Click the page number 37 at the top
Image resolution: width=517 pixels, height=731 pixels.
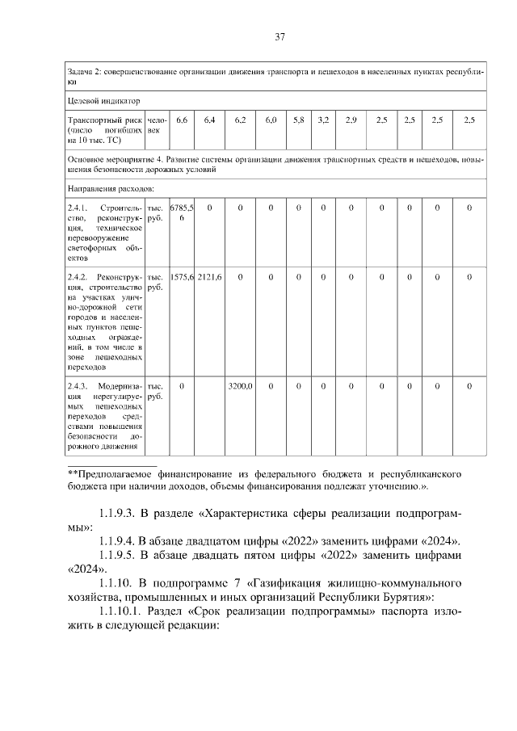tap(280, 36)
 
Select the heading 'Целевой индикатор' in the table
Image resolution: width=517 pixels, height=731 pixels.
tap(103, 102)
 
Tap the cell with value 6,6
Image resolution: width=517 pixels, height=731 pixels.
tap(182, 120)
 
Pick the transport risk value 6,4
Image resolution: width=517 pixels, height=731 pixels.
tap(209, 120)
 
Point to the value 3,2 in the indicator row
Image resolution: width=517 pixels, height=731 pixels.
tap(323, 120)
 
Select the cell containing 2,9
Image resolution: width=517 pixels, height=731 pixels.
tap(351, 120)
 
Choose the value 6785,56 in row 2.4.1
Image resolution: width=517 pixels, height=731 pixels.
tap(182, 213)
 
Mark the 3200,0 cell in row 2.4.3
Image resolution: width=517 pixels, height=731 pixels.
tap(240, 386)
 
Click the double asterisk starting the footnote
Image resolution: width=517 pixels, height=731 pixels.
tap(72, 474)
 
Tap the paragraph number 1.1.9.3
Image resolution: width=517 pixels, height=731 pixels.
tap(120, 513)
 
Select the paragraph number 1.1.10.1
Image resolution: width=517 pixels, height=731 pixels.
tap(124, 611)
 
